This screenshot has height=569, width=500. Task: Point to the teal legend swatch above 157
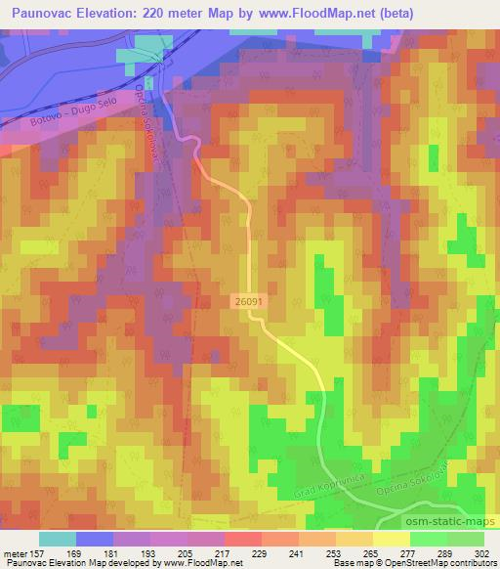[x=58, y=539]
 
